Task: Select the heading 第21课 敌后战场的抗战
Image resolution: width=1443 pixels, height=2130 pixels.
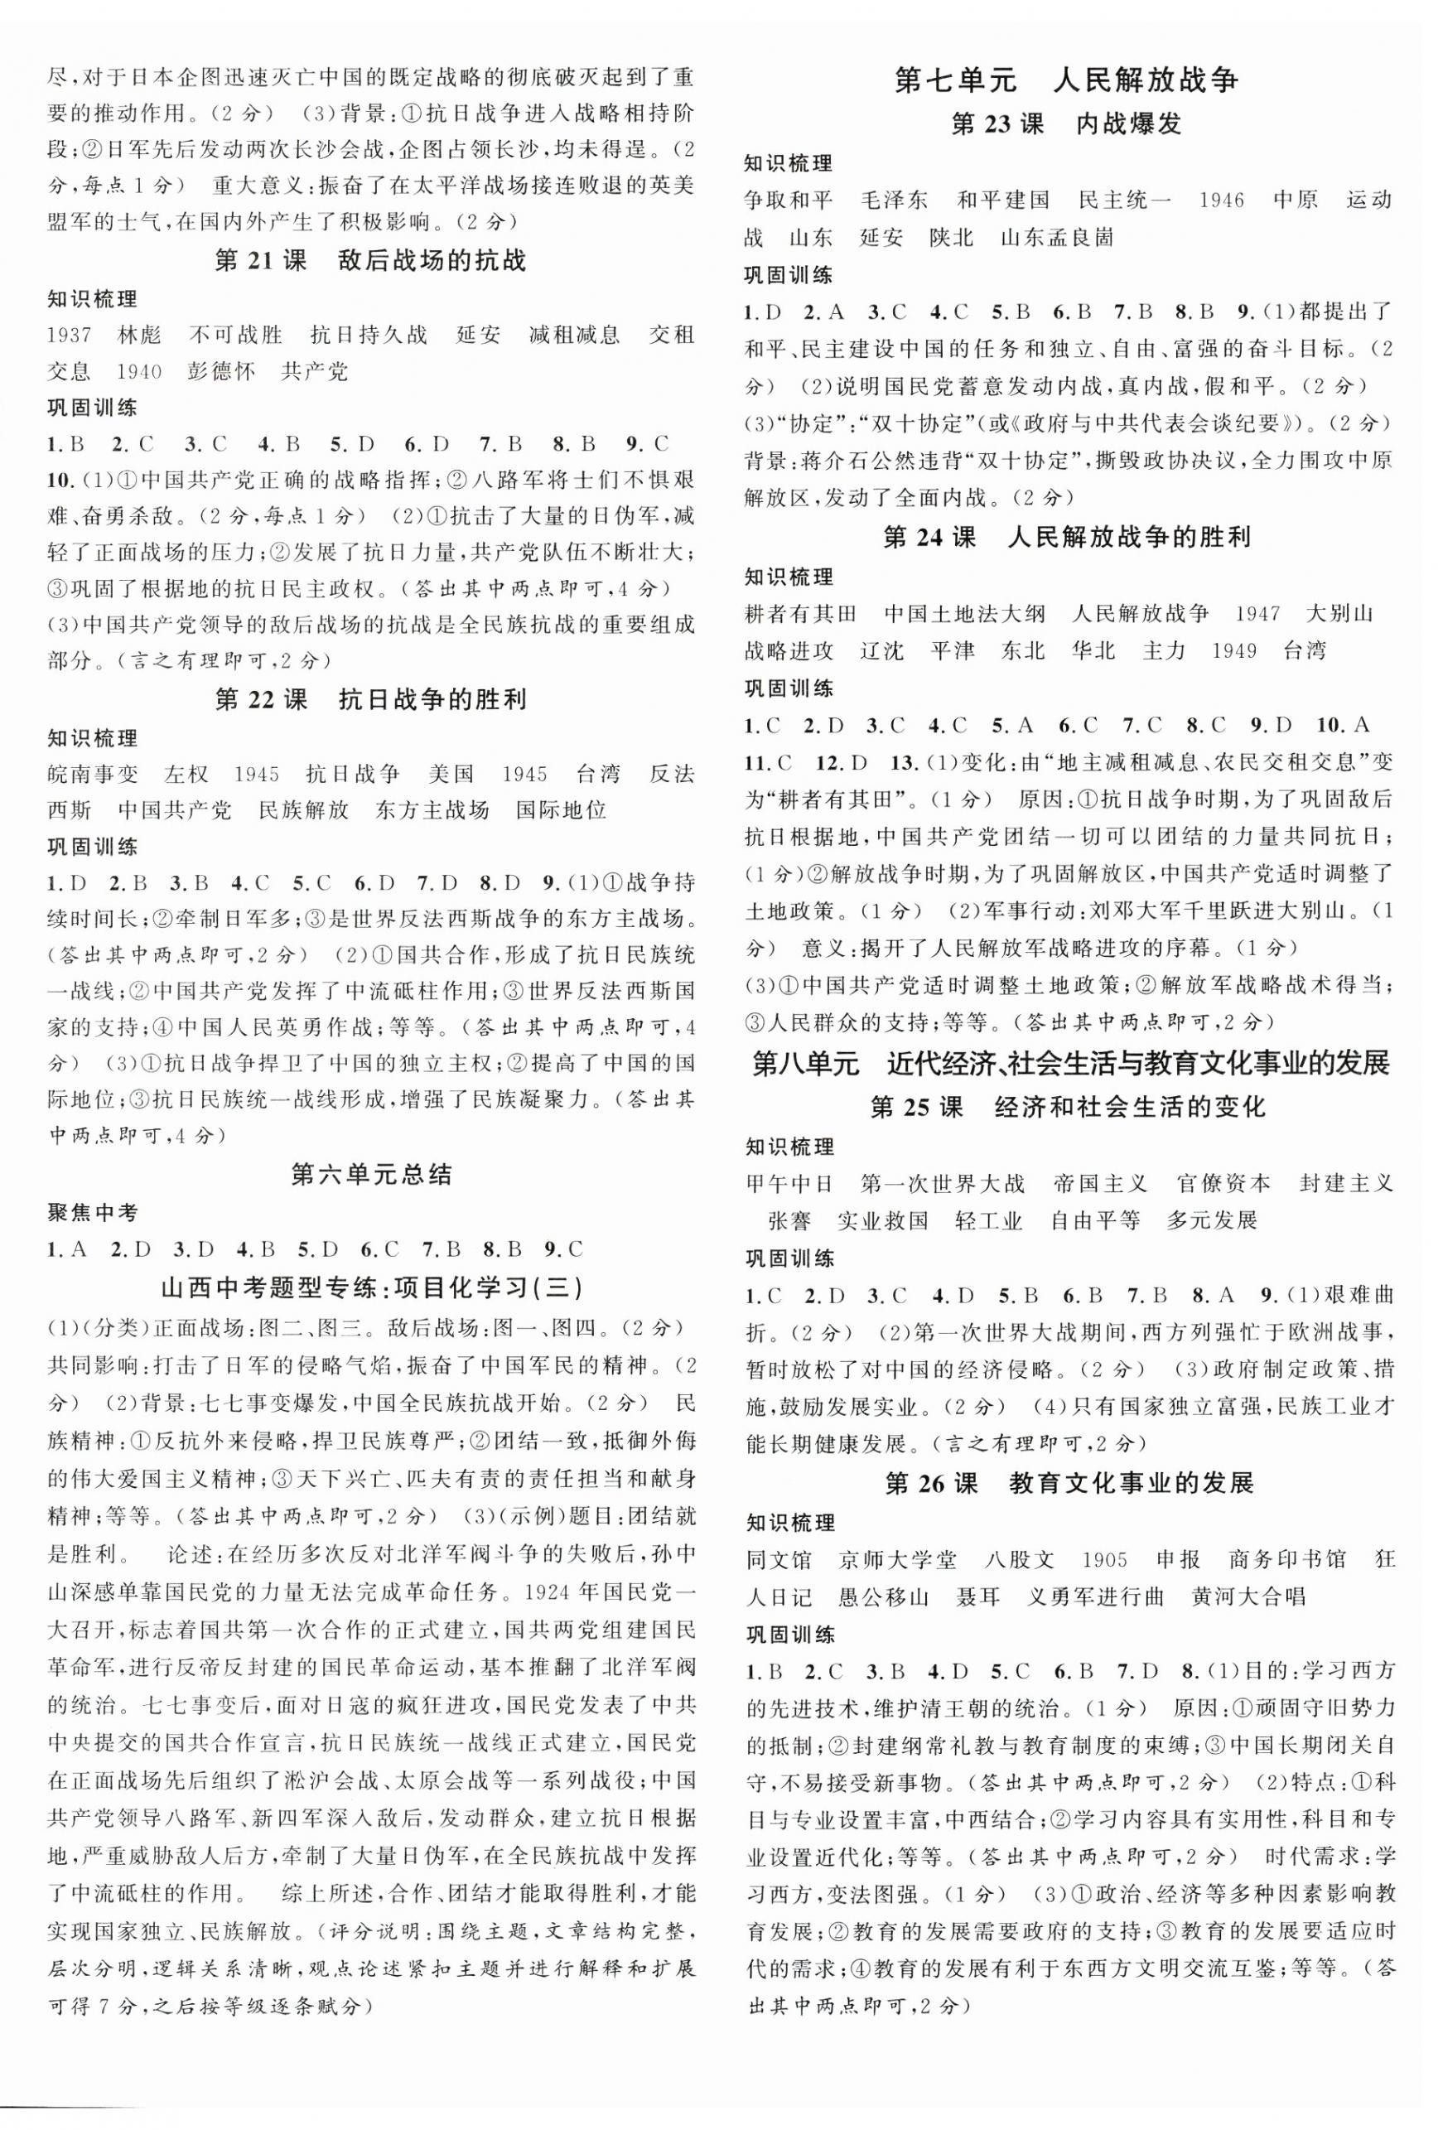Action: coord(370,261)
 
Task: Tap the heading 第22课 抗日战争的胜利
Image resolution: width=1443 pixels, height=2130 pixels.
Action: coord(370,700)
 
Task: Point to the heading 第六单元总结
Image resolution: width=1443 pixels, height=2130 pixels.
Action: coord(371,1174)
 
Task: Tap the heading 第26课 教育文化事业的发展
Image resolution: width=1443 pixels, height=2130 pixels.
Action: coord(1069,1483)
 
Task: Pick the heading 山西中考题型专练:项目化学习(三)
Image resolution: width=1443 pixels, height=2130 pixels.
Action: coord(371,1287)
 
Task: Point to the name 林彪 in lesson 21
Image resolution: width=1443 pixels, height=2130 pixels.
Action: coord(140,335)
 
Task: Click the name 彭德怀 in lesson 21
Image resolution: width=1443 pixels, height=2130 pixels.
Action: coord(221,371)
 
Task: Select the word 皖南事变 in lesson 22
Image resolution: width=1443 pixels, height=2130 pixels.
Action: coord(93,775)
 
